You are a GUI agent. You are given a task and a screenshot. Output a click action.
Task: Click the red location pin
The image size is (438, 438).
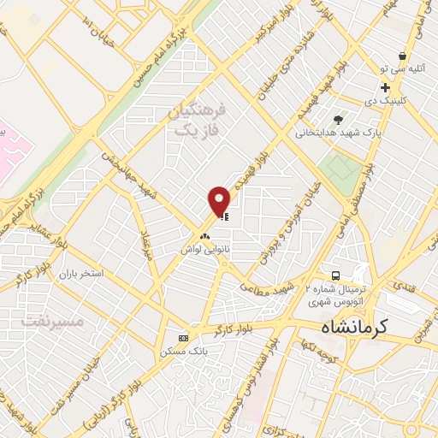(x=220, y=201)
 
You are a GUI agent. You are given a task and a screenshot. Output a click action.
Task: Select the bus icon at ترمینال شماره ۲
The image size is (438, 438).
(x=336, y=276)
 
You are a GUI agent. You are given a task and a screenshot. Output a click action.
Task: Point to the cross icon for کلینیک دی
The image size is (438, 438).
(x=385, y=87)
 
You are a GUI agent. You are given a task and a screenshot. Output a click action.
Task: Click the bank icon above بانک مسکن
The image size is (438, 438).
(x=182, y=337)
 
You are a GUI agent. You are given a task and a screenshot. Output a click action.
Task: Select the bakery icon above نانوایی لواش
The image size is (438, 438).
(x=204, y=236)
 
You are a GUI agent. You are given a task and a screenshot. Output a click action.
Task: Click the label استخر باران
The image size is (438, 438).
(x=80, y=275)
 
